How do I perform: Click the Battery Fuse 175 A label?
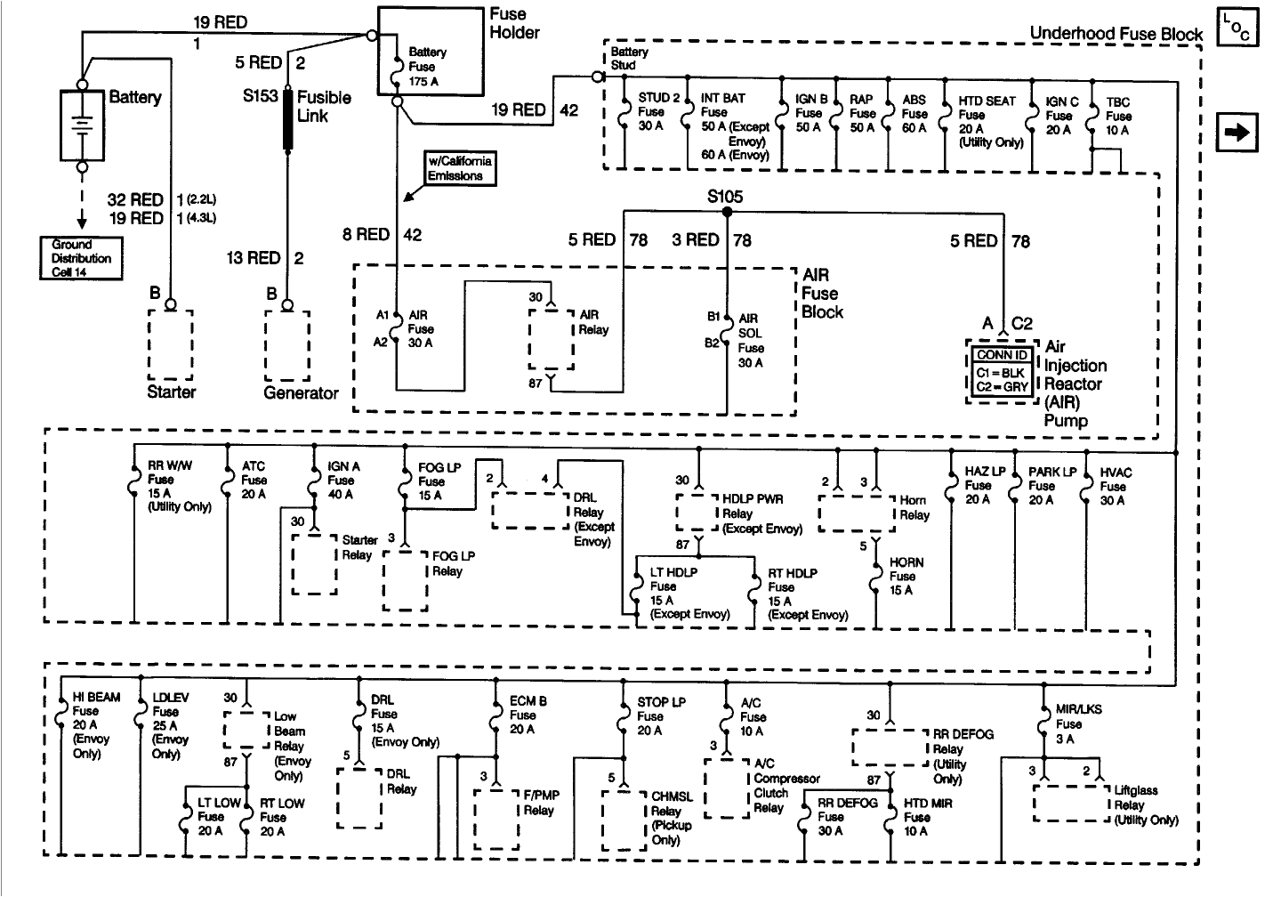coord(427,67)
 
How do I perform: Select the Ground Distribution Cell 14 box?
coord(81,258)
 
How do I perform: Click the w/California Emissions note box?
coord(459,168)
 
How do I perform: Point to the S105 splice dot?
coord(727,213)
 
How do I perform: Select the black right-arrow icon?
coord(1237,133)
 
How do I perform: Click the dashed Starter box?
coord(171,345)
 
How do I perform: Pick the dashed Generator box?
coord(287,345)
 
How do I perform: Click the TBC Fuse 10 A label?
coord(1118,117)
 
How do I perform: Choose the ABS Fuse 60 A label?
coord(914,114)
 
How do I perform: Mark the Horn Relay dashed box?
coord(856,513)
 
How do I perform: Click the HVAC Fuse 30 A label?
coord(1115,486)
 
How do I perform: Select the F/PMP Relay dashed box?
coord(496,818)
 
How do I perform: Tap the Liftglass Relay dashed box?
coord(1071,804)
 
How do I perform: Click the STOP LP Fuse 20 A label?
coord(659,715)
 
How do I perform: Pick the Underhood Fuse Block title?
coord(1116,34)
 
